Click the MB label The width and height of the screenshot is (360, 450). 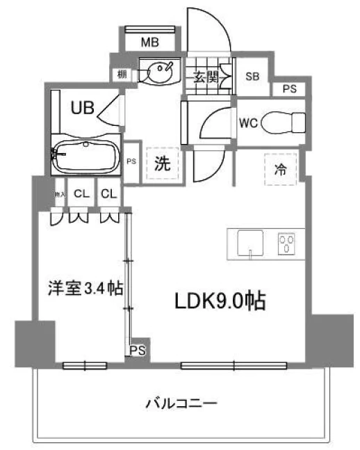coord(150,42)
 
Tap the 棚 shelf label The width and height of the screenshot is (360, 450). coord(122,73)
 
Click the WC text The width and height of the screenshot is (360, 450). coord(248,123)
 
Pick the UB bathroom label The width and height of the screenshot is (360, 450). coord(83,107)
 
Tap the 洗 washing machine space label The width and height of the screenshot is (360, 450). coord(162,165)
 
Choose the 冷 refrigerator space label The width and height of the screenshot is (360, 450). coord(279,168)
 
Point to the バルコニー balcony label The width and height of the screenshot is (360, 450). coord(182,403)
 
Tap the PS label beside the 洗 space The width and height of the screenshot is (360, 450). coord(132,161)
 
